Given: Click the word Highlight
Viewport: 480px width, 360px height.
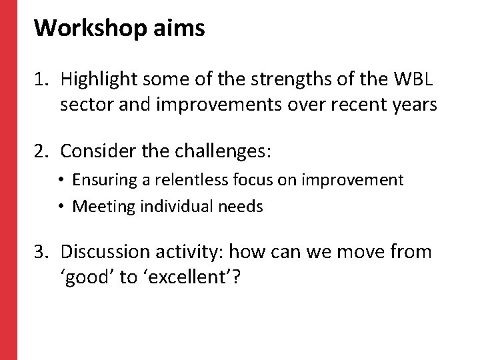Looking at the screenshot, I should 94,81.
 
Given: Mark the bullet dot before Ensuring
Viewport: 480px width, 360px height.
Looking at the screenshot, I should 63,180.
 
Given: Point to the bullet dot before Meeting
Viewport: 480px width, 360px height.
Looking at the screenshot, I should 63,207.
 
